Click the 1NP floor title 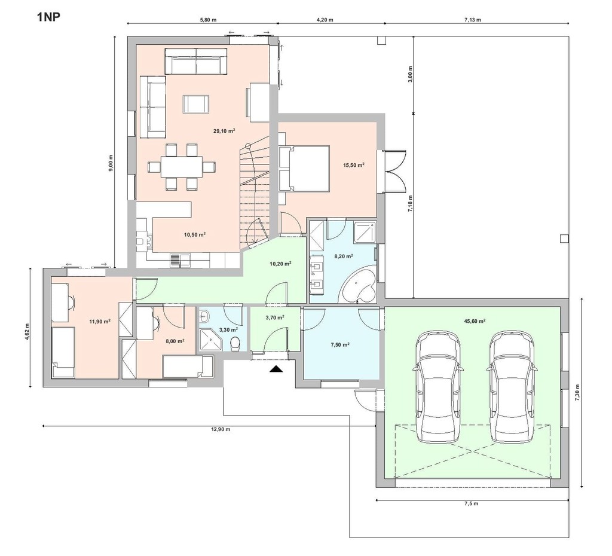coord(49,17)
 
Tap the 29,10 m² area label coord(224,131)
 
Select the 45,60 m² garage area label coord(475,321)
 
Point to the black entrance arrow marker coord(276,369)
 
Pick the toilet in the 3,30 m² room coord(235,344)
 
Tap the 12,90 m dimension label coord(221,429)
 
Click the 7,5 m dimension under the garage coord(471,503)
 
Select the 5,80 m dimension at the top coord(208,20)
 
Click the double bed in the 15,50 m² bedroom coord(304,168)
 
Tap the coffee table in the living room coord(196,103)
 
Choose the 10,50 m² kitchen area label coord(195,235)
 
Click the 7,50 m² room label coord(340,344)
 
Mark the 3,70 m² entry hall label coord(275,317)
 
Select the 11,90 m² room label coord(100,321)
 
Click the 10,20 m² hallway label coord(280,264)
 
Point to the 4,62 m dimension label coord(26,331)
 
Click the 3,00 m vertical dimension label coord(410,74)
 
